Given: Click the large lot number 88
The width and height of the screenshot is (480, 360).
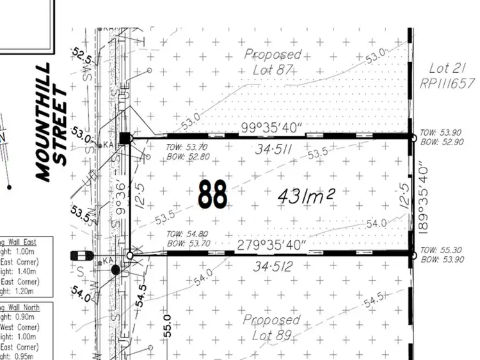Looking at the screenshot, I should tap(212, 194).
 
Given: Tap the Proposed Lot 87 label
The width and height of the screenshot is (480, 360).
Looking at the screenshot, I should tap(273, 62).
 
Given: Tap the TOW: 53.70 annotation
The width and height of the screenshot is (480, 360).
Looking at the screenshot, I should tap(173, 146).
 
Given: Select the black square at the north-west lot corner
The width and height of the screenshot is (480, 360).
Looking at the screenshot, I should tap(125, 137).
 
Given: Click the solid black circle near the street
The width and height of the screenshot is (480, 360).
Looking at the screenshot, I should tap(116, 270).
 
